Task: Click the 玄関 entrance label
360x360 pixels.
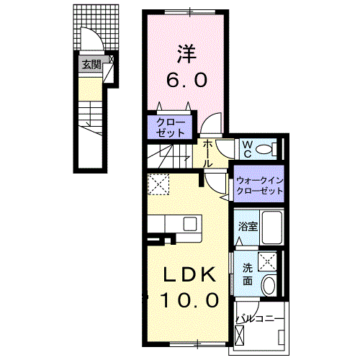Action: tap(91, 65)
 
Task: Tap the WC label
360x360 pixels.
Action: tap(246, 148)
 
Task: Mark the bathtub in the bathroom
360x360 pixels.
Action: tap(269, 228)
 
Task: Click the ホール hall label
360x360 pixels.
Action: tap(208, 153)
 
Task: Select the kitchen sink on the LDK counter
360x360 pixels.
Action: tap(191, 223)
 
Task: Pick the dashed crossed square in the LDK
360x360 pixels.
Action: tap(158, 186)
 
